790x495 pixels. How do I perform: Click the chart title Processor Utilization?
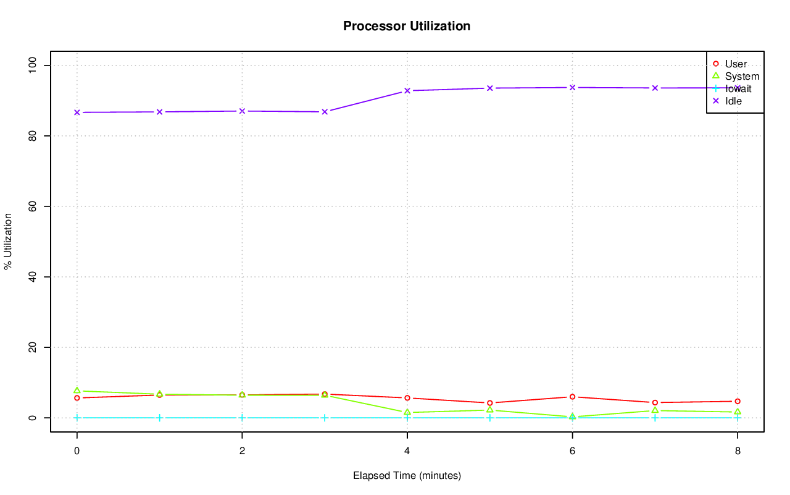pos(407,26)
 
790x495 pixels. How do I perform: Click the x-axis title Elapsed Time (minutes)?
pos(407,476)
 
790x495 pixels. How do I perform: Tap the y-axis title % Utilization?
pos(8,241)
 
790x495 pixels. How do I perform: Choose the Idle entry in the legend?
pos(733,101)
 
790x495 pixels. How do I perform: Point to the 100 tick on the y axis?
pos(33,65)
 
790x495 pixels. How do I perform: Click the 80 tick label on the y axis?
pos(33,135)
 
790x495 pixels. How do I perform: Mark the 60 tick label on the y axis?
pos(33,206)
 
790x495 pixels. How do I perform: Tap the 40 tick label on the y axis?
pos(33,277)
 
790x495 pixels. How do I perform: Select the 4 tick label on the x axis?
pos(407,451)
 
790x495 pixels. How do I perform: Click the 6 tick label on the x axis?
pos(572,451)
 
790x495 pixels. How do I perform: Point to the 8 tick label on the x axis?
pos(738,451)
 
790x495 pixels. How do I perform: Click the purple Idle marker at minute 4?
pos(407,91)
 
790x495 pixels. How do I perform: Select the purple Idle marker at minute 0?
pos(77,112)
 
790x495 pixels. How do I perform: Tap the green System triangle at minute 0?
pos(77,391)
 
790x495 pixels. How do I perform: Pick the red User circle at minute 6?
pos(573,397)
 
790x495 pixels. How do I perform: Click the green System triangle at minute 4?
pos(407,412)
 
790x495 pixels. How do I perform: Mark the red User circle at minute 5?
pos(490,403)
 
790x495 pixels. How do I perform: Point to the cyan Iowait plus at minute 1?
pos(160,418)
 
